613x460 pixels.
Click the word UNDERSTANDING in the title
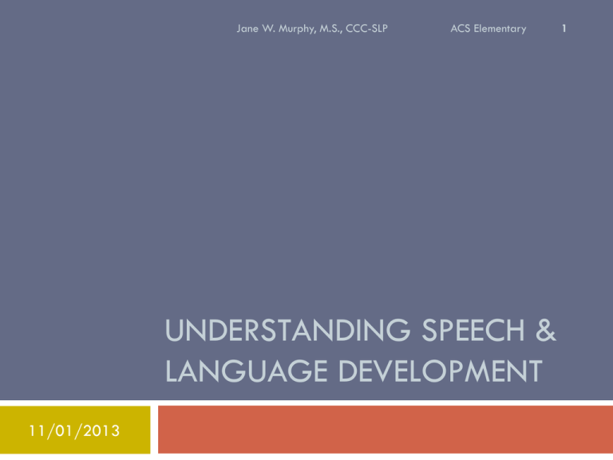click(287, 330)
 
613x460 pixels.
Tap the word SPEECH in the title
click(473, 330)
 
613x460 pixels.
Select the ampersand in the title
click(546, 330)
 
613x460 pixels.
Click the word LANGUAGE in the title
click(247, 371)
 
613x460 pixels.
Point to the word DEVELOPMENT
click(441, 371)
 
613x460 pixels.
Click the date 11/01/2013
click(74, 430)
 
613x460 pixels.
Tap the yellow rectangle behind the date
click(75, 430)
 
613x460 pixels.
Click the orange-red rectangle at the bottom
click(386, 430)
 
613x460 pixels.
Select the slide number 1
click(564, 29)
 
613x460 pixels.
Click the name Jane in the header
click(247, 29)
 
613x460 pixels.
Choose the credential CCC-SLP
click(366, 29)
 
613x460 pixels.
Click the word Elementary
click(500, 30)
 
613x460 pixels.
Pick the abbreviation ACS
click(460, 29)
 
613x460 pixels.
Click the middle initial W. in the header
click(268, 29)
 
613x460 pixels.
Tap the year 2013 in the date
click(101, 430)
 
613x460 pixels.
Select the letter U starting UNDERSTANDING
click(174, 331)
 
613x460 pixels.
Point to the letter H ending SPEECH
click(516, 330)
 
